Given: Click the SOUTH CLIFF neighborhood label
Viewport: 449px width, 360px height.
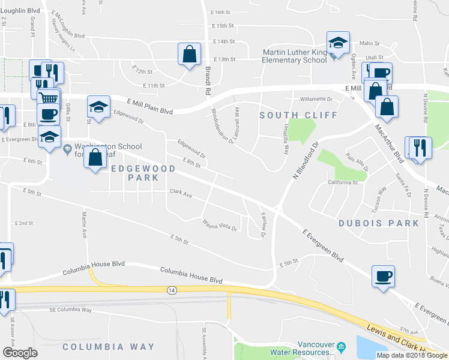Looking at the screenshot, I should tap(298, 114).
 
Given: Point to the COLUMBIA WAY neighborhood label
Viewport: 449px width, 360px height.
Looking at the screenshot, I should tap(109, 347).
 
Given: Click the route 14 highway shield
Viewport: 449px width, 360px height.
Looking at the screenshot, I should tap(172, 290).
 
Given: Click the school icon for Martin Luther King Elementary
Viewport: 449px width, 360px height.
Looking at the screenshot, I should tap(338, 43).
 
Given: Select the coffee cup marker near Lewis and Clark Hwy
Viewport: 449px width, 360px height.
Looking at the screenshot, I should tap(383, 277).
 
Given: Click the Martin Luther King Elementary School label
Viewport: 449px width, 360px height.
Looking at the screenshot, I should tap(295, 56).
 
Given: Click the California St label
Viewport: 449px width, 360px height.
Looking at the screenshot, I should tap(343, 182).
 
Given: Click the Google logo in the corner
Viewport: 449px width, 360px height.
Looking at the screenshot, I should tap(20, 353).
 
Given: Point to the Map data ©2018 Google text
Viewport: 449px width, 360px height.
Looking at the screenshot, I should tap(411, 355).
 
